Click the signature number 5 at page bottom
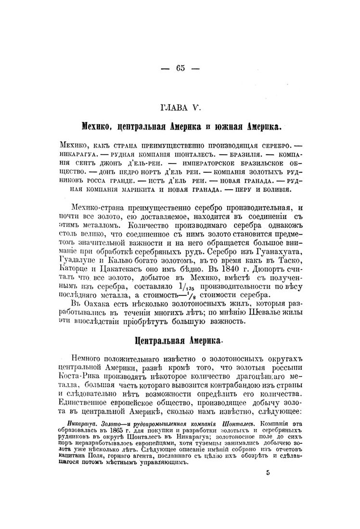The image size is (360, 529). pos(268,473)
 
